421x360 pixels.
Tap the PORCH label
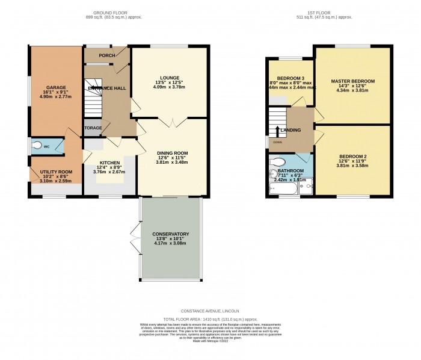[107, 56]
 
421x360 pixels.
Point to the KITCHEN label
[109, 163]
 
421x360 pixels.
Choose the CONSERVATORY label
[171, 234]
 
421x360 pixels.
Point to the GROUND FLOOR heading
[117, 12]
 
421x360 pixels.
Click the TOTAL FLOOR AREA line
[210, 320]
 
